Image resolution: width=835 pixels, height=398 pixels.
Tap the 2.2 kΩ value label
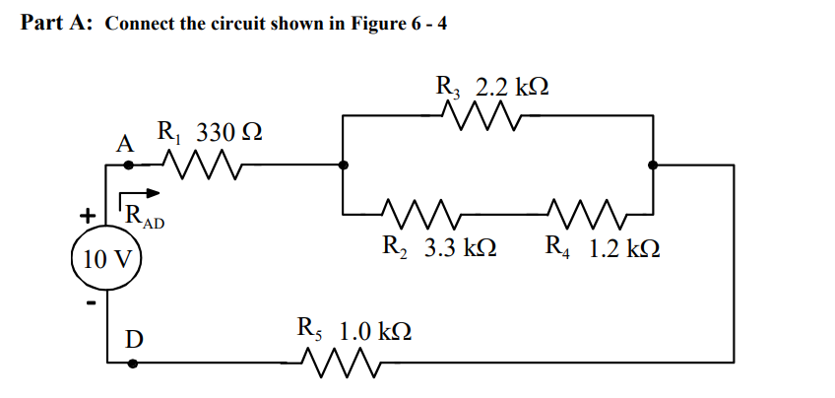(x=512, y=86)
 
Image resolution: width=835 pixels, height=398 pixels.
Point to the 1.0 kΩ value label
(x=376, y=329)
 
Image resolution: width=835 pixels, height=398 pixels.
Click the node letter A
(x=124, y=144)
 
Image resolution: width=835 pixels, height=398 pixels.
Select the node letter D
(x=132, y=338)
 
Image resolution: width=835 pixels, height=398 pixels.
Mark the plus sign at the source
(x=89, y=214)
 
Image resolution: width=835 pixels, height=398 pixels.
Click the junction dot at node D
(x=132, y=363)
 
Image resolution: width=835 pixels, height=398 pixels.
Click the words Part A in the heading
(x=57, y=24)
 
